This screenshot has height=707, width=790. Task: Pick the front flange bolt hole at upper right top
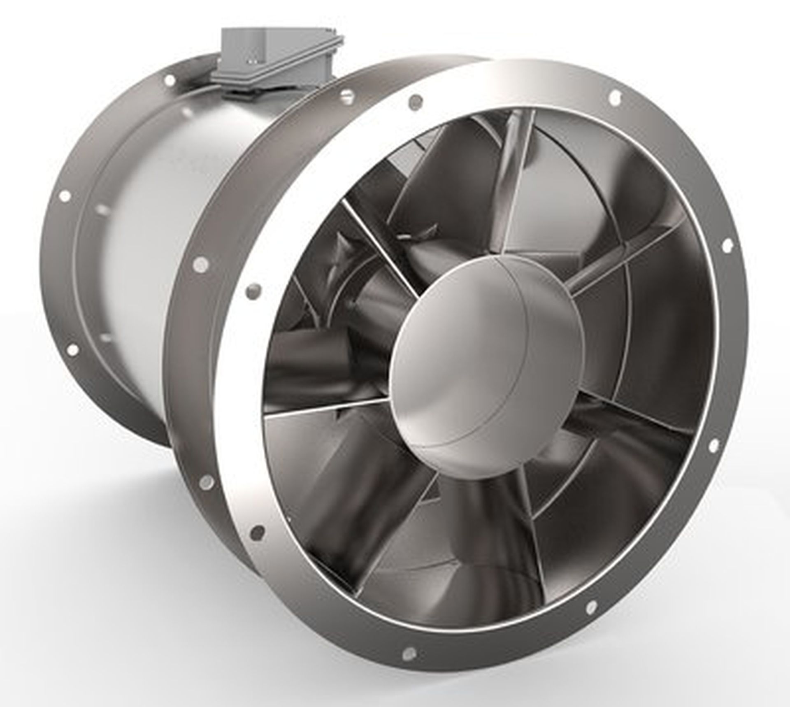(614, 96)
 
